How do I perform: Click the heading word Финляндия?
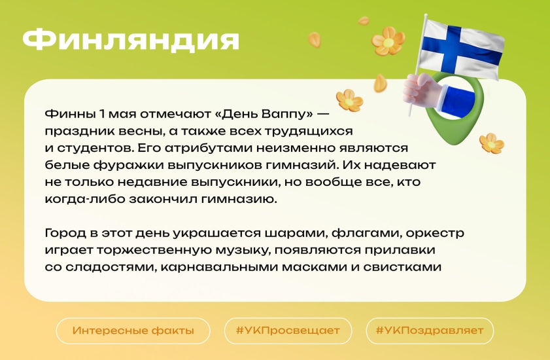pyautogui.click(x=131, y=40)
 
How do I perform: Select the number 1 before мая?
pyautogui.click(x=102, y=114)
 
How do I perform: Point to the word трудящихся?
pyautogui.click(x=308, y=132)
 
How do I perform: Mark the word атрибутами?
pyautogui.click(x=208, y=148)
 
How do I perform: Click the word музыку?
pyautogui.click(x=243, y=251)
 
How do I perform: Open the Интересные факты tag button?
pyautogui.click(x=133, y=331)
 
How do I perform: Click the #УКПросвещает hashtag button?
pyautogui.click(x=288, y=331)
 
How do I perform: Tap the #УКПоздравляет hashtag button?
pyautogui.click(x=430, y=331)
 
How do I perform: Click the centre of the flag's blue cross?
pyautogui.click(x=451, y=48)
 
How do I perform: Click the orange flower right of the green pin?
pyautogui.click(x=492, y=143)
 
